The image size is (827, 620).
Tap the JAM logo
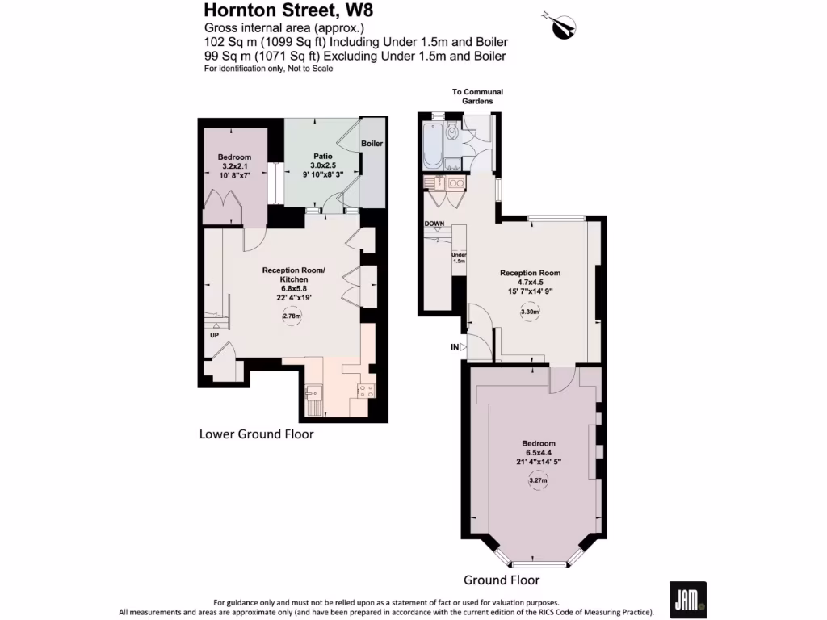click(687, 600)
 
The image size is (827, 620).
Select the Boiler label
click(372, 144)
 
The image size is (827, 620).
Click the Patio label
click(323, 157)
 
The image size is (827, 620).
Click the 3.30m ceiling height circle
click(530, 312)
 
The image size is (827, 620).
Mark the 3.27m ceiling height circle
click(538, 481)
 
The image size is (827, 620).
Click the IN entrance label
click(455, 347)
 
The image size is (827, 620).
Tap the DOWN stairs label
click(434, 224)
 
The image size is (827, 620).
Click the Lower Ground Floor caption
click(256, 434)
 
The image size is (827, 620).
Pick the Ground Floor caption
click(501, 580)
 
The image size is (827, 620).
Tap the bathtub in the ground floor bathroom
click(431, 146)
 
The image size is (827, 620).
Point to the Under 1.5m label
click(459, 258)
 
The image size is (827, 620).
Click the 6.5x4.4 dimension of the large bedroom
click(538, 453)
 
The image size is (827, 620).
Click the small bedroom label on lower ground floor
click(234, 157)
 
